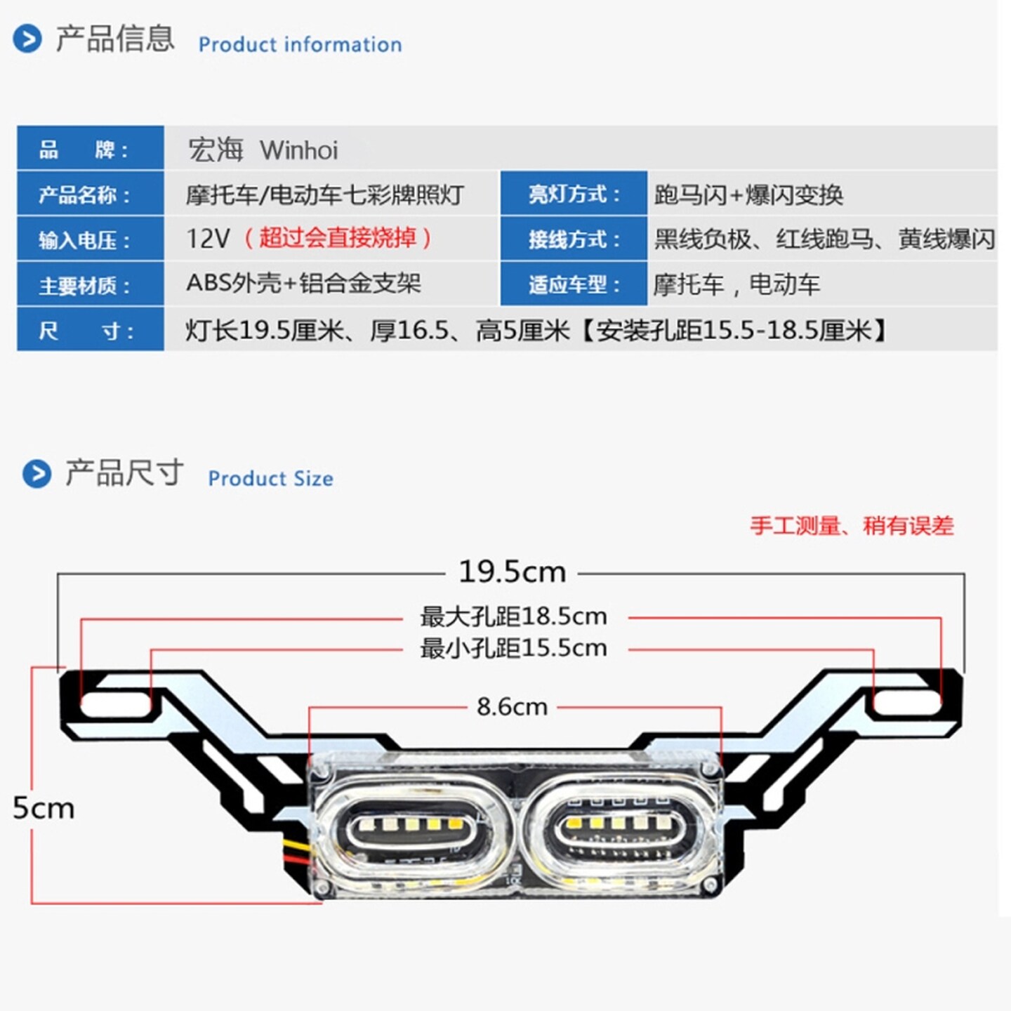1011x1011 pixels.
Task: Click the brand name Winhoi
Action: click(x=298, y=150)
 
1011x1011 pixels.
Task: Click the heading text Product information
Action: click(x=300, y=44)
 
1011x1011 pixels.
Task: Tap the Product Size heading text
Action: click(x=270, y=478)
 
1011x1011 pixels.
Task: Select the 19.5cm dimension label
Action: click(x=512, y=572)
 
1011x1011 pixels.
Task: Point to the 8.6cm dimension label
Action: click(x=512, y=706)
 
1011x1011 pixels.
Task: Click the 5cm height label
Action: click(x=44, y=808)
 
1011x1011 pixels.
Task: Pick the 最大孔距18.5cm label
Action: click(x=513, y=616)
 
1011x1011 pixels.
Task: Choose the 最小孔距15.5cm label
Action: click(x=513, y=648)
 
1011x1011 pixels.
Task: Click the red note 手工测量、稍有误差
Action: click(x=852, y=525)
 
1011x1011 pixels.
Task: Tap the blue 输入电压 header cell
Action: click(x=91, y=239)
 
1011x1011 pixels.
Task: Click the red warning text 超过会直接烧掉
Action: click(x=338, y=238)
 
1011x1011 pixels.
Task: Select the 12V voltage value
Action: click(x=208, y=239)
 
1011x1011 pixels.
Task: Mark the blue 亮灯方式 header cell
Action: click(x=574, y=194)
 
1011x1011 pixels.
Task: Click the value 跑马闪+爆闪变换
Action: click(x=748, y=194)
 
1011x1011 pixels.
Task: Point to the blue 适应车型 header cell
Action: click(x=574, y=284)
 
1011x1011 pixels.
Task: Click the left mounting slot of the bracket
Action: click(x=115, y=703)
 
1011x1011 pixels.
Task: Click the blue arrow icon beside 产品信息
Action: click(x=27, y=39)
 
